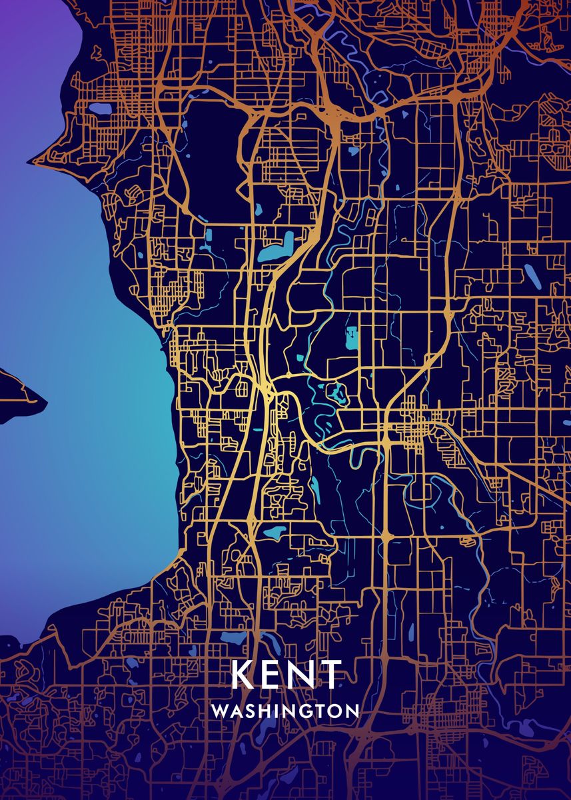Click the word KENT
tap(286, 675)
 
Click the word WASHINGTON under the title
tap(285, 711)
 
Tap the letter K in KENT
tap(243, 675)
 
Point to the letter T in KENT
tap(330, 675)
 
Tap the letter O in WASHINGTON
tap(336, 711)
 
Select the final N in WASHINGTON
tap(352, 711)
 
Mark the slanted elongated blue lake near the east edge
tap(532, 276)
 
